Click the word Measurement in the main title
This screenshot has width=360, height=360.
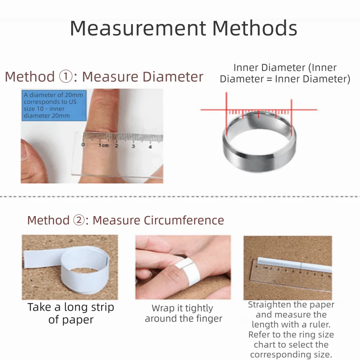[x=138, y=28]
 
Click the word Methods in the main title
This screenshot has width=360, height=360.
[x=255, y=28]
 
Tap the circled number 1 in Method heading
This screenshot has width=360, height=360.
[x=66, y=76]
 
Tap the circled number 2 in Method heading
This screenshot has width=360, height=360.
[x=79, y=220]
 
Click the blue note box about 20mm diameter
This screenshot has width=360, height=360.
[x=54, y=105]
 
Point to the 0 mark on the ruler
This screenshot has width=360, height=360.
[x=83, y=144]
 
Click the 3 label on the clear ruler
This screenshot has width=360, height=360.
[x=133, y=146]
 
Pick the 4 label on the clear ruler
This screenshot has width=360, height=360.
[x=150, y=147]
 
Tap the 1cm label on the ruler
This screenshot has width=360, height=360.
[x=104, y=145]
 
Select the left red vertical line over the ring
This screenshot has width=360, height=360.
[x=226, y=114]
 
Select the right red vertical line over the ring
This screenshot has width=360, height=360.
[x=292, y=117]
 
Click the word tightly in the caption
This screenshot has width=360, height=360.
[x=199, y=309]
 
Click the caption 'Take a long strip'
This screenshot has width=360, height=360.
[x=71, y=307]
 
